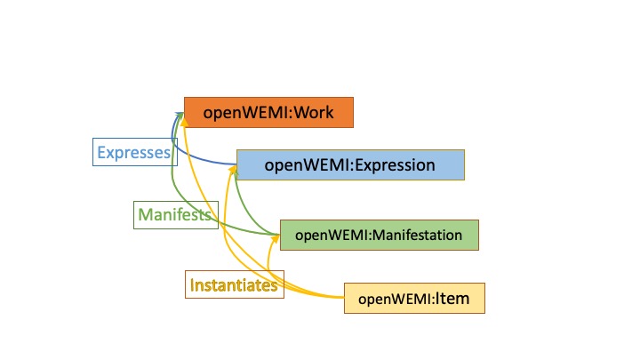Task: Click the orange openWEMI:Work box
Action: coord(268,113)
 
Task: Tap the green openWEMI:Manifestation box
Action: coord(379,235)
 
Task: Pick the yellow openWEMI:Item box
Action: coord(414,298)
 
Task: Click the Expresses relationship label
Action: coord(132,153)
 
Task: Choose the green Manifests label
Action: coord(174,214)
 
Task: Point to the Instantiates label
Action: coord(234,285)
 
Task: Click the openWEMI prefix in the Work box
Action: coord(236,113)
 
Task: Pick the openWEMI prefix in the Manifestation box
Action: coord(331,235)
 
